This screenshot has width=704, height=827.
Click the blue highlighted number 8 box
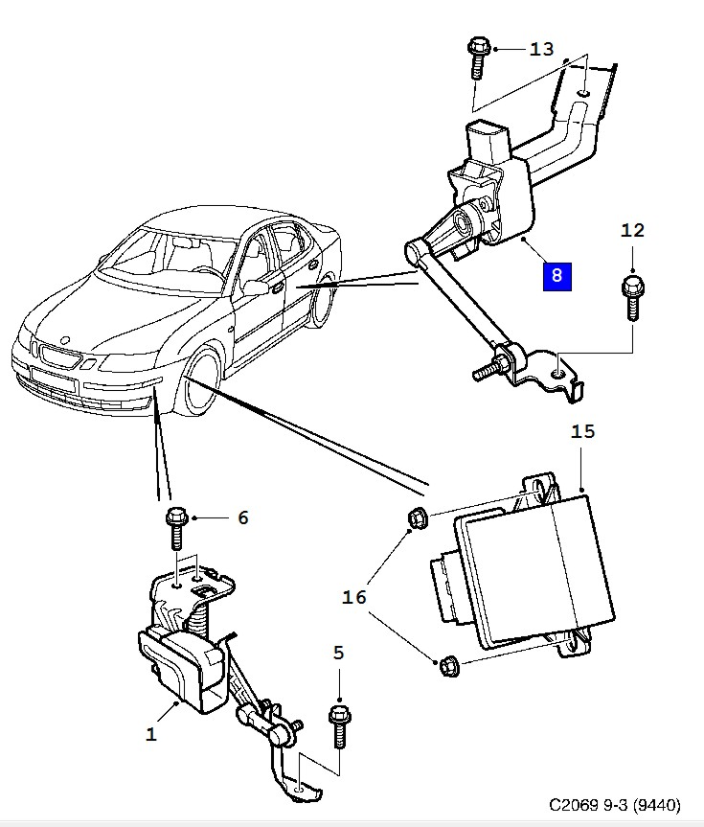[x=556, y=277]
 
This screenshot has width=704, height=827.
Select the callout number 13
[x=541, y=49]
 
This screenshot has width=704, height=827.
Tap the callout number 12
[x=633, y=230]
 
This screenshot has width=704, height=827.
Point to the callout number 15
[x=583, y=431]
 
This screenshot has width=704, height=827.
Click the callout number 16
[x=354, y=598]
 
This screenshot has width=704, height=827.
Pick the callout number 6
[x=242, y=517]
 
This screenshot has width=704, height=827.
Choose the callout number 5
[x=338, y=654]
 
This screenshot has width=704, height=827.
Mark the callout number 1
[x=151, y=735]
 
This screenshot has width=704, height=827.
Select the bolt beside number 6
[x=176, y=526]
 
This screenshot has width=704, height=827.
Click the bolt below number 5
[x=338, y=725]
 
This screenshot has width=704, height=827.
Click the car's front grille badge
[x=63, y=341]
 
